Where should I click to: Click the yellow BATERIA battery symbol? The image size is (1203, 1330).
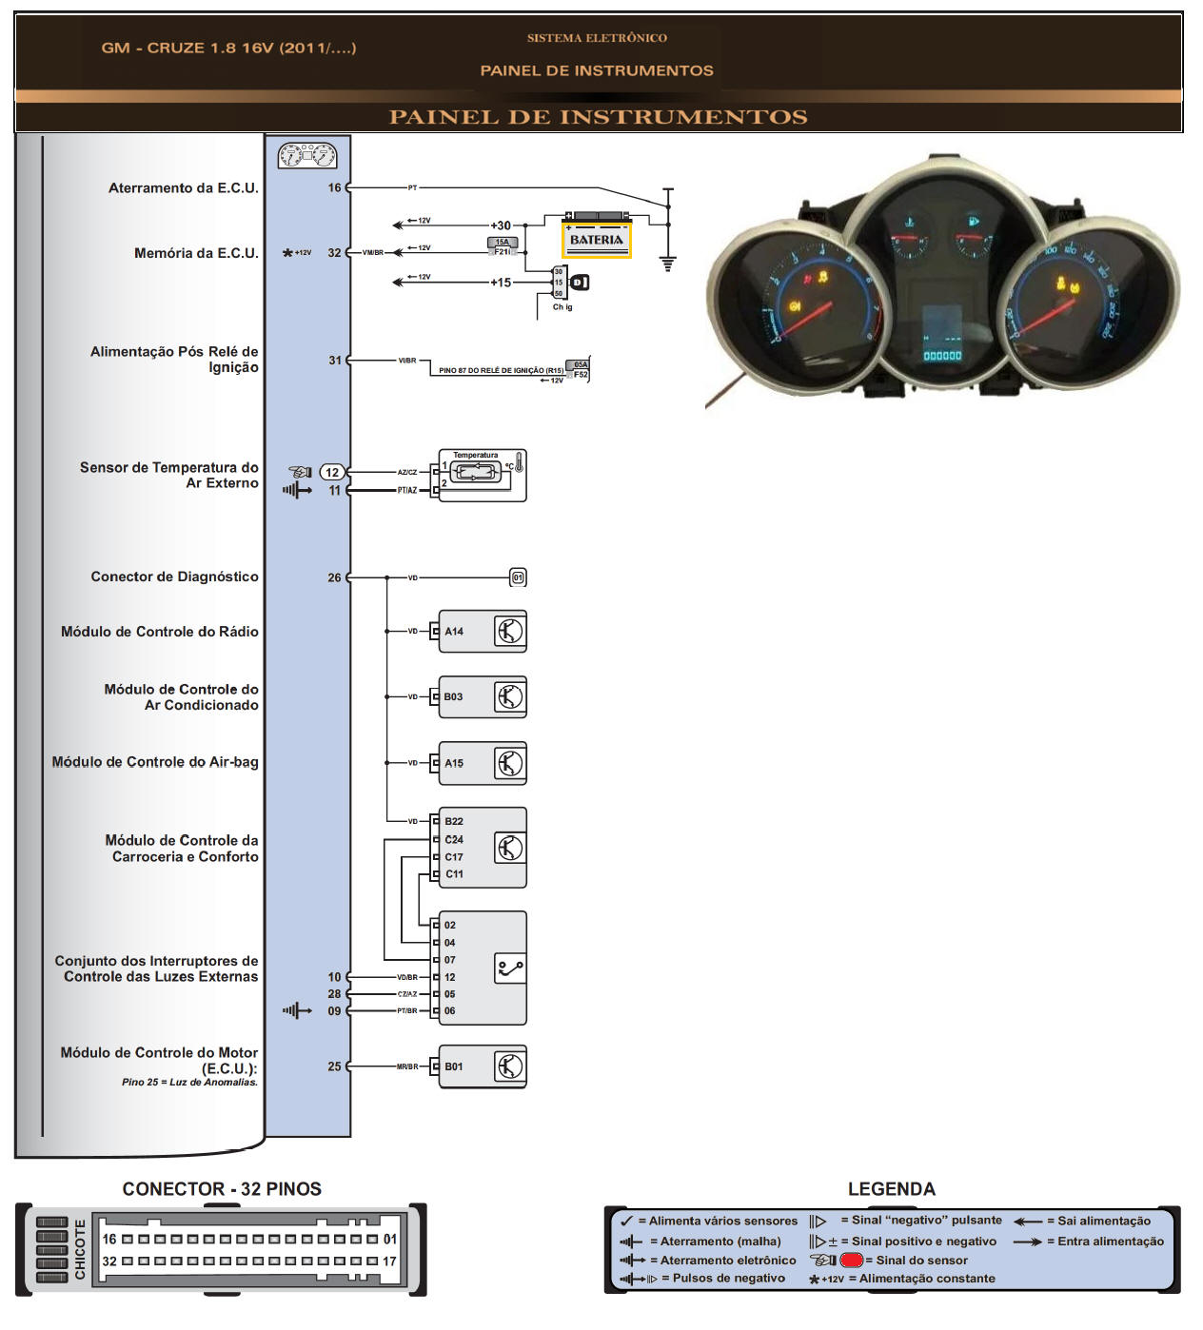click(x=596, y=238)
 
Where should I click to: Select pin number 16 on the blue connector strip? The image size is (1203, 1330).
click(x=334, y=187)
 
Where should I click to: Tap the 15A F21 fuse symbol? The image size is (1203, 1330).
click(x=502, y=247)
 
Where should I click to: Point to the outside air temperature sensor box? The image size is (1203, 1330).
click(x=482, y=475)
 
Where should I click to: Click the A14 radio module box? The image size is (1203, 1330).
click(x=482, y=632)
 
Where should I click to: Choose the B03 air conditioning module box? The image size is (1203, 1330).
click(x=482, y=697)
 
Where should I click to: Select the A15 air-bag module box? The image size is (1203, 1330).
click(x=482, y=763)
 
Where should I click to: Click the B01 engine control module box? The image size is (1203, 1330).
click(x=482, y=1066)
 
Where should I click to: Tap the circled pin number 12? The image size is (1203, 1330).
click(x=331, y=472)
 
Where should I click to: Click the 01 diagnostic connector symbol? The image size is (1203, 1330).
click(x=518, y=577)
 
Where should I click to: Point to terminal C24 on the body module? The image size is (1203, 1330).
click(x=453, y=839)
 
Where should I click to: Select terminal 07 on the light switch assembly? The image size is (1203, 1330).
click(x=449, y=960)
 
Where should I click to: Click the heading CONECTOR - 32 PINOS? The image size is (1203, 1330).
click(x=222, y=1188)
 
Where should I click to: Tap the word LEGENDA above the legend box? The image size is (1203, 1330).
click(x=891, y=1188)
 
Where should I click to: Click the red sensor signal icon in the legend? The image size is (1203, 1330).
click(x=851, y=1260)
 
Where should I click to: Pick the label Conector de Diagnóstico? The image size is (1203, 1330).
click(x=174, y=577)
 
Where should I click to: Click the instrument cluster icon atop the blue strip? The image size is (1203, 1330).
click(x=306, y=154)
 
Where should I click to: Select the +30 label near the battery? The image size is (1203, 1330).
click(x=501, y=225)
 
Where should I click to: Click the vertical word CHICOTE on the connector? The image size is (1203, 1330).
click(x=80, y=1249)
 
